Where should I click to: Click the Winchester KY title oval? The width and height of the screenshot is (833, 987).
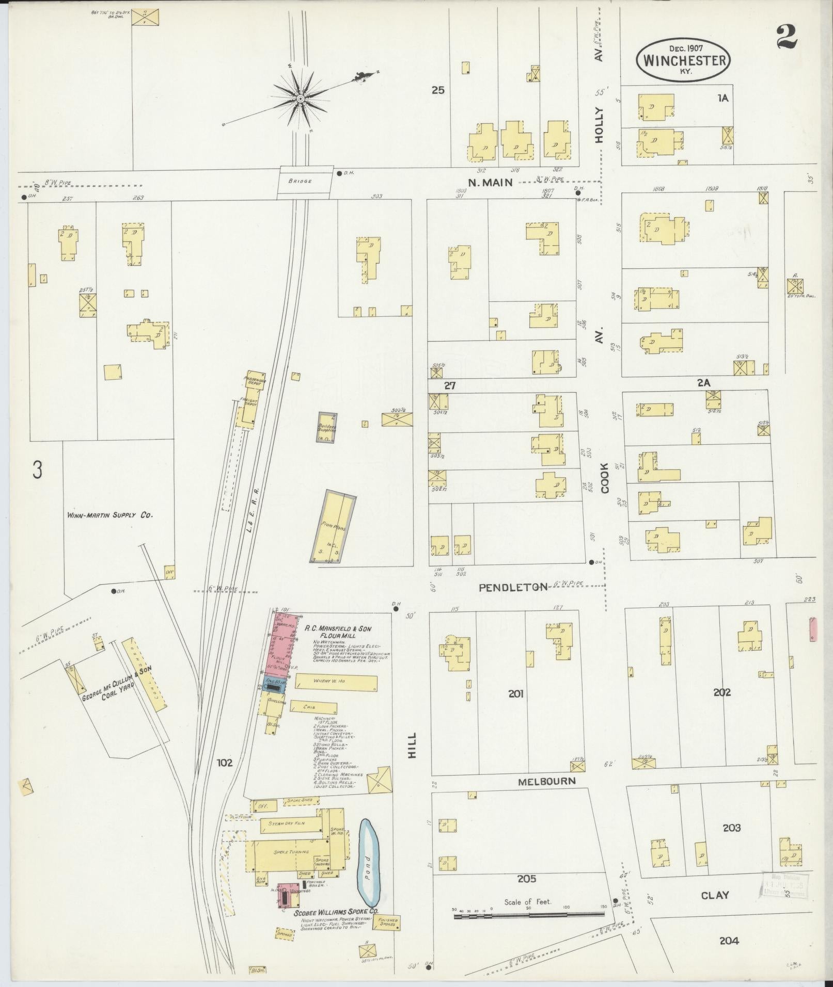pos(684,59)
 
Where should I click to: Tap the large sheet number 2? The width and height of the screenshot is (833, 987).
pos(786,37)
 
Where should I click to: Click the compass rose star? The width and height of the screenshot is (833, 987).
pos(300,98)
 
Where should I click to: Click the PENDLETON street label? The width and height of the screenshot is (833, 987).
pos(512,587)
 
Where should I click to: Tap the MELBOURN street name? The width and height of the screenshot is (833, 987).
pos(546,781)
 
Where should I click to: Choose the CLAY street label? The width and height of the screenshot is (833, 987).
pos(715,895)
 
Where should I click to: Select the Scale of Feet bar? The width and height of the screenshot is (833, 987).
pos(528,916)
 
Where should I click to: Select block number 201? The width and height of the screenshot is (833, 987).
pos(515,693)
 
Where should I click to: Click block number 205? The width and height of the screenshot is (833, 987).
pos(526,879)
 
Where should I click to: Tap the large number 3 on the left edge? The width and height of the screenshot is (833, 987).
pos(37,470)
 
